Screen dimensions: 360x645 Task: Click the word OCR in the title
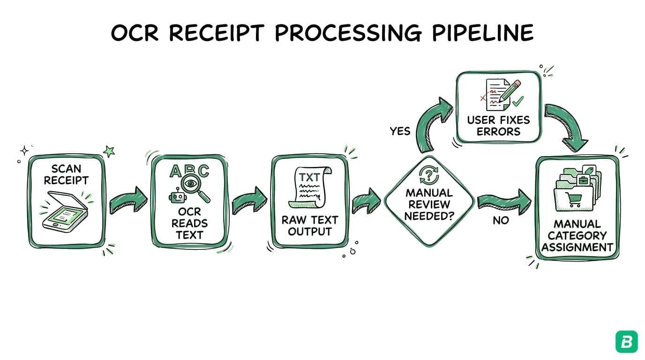tap(137, 33)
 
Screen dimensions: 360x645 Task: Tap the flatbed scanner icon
tap(65, 211)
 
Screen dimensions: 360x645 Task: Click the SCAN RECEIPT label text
tap(66, 174)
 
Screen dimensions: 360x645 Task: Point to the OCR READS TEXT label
tap(189, 223)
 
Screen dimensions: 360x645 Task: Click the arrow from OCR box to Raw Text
tap(249, 200)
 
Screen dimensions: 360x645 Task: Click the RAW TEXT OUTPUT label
tap(309, 225)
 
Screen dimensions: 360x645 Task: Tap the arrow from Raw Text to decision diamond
tap(367, 200)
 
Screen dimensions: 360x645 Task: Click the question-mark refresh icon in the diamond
tap(428, 176)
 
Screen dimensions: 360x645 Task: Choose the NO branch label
tap(500, 220)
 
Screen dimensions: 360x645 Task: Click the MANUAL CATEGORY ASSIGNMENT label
tap(577, 235)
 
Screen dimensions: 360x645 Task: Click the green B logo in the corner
tap(626, 341)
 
